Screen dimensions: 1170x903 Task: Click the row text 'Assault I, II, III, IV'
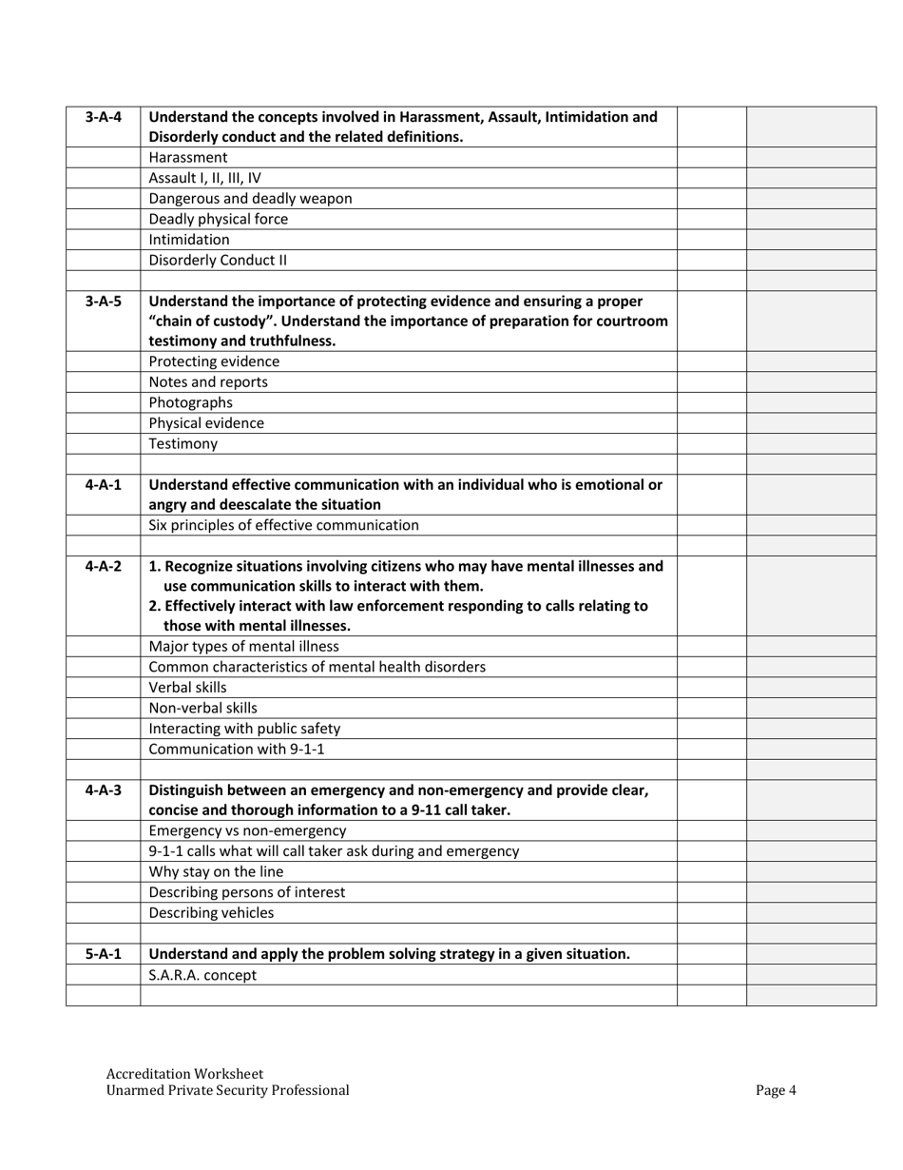[204, 178]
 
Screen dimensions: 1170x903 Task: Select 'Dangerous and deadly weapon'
[250, 199]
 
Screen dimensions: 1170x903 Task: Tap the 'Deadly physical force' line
[219, 219]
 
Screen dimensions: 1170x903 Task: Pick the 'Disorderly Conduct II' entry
[218, 260]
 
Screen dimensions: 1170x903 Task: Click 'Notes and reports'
[208, 382]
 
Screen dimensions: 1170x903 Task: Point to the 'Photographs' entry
[190, 402]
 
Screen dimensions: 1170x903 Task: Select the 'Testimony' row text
[183, 443]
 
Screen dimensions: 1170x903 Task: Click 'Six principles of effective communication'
[283, 525]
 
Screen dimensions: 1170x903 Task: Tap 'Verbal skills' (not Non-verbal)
[188, 687]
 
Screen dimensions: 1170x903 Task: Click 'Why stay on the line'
[216, 871]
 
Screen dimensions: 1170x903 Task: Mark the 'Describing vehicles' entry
[211, 913]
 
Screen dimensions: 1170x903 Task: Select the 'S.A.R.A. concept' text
[202, 975]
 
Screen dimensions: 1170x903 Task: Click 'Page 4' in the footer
[776, 1091]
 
